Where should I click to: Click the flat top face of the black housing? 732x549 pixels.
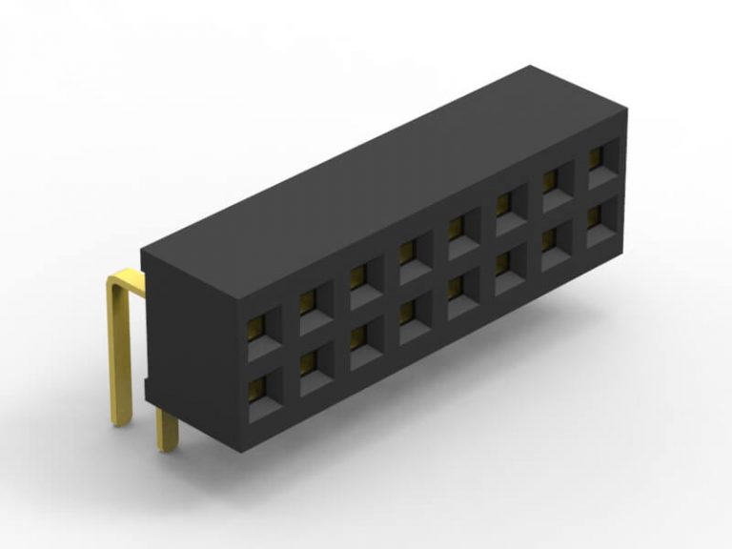tap(381, 172)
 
